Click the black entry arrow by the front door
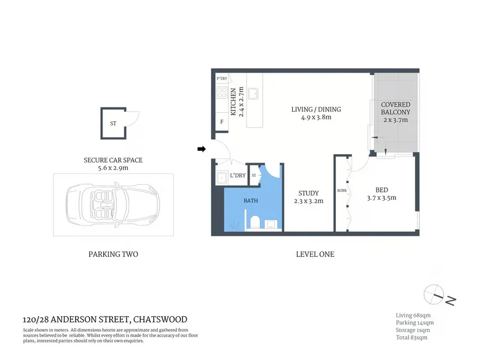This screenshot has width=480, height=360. click(x=202, y=149)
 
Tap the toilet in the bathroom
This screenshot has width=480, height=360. click(x=255, y=222)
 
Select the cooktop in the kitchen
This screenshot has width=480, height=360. click(x=221, y=92)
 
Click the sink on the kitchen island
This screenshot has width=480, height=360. click(x=253, y=94)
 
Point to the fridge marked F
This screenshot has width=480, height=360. click(x=221, y=122)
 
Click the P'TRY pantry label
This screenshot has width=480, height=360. click(x=222, y=79)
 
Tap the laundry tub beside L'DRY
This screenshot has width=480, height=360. click(x=221, y=178)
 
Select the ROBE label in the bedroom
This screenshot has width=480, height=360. click(x=342, y=190)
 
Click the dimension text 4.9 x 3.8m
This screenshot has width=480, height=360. click(x=316, y=117)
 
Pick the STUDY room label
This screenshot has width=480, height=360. click(x=308, y=193)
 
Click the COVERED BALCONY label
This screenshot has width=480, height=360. click(x=395, y=109)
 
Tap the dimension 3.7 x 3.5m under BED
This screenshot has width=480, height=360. click(x=382, y=198)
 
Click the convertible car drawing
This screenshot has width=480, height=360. click(x=113, y=205)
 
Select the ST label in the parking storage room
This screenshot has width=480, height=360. click(x=113, y=124)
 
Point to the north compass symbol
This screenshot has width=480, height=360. click(x=434, y=295)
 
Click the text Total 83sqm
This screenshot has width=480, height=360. click(x=412, y=337)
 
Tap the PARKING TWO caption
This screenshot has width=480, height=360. click(x=113, y=254)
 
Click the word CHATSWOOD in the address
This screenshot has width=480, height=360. click(x=160, y=319)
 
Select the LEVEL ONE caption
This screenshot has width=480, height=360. click(x=315, y=254)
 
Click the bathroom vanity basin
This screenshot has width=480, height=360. click(x=271, y=224)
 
